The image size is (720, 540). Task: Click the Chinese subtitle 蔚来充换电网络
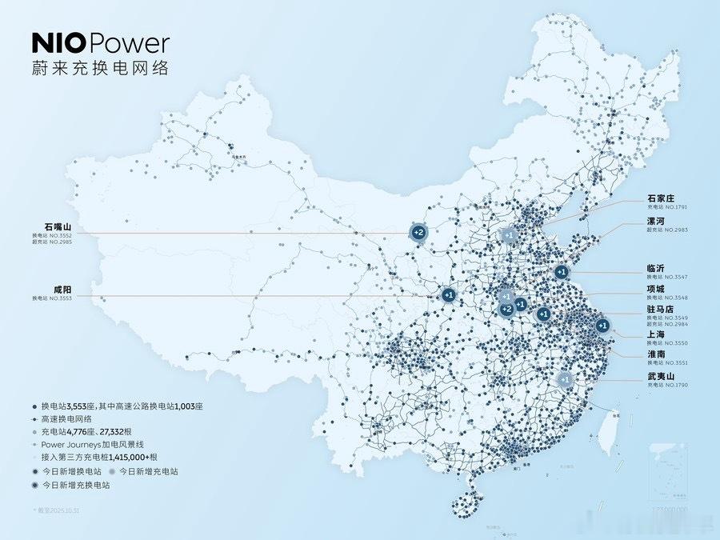[100, 67]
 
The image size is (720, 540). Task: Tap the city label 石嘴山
[47, 227]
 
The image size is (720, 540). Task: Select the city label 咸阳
[42, 288]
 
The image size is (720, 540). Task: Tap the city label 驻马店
[661, 309]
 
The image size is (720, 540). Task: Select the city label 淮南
[656, 354]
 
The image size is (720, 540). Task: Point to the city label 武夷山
[661, 376]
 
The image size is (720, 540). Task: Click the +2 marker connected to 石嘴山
[418, 233]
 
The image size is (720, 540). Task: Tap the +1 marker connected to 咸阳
[448, 295]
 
